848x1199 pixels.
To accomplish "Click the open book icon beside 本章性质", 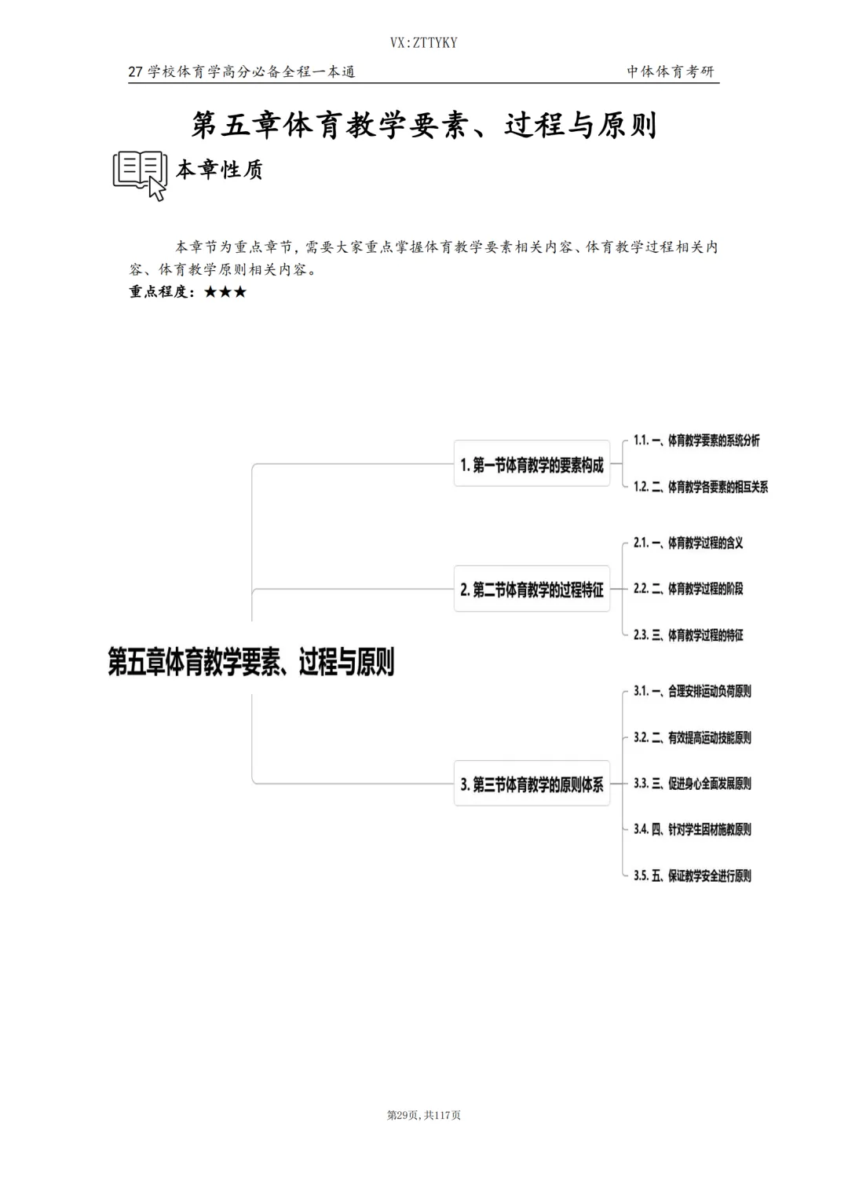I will (x=141, y=174).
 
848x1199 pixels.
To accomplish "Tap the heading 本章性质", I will (x=219, y=170).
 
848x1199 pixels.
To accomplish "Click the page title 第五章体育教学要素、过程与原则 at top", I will (x=424, y=126).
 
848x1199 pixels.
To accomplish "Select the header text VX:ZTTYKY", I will (x=423, y=42).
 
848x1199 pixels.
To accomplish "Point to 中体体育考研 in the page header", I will (x=671, y=71).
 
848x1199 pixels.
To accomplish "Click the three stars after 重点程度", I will (x=225, y=292).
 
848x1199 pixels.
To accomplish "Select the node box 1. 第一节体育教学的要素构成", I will (x=532, y=465).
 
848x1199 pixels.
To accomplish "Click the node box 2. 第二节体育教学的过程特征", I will (x=532, y=589).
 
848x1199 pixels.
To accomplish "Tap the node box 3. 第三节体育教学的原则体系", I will (x=532, y=784).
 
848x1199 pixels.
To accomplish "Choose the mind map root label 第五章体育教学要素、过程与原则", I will (x=251, y=662).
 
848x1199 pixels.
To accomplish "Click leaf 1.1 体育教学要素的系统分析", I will (x=696, y=440).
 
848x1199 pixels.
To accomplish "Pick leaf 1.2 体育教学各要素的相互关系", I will (x=700, y=487).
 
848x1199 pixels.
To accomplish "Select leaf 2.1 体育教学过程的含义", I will (x=689, y=543).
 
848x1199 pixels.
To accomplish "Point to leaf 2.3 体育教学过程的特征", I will (x=689, y=634).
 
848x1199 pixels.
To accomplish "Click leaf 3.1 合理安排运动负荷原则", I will (x=693, y=691).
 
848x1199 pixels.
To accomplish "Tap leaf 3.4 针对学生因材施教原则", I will (x=693, y=829).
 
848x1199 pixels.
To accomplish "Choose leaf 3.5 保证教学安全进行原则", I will (x=693, y=875).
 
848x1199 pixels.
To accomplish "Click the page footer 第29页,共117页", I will (x=424, y=1115).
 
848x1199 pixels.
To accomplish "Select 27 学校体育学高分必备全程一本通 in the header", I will (x=242, y=71).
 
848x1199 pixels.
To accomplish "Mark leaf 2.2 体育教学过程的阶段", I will (x=689, y=588).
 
